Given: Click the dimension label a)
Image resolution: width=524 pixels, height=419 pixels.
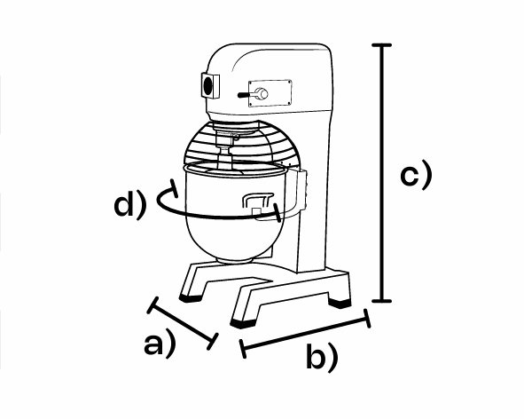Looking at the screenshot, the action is tap(160, 343).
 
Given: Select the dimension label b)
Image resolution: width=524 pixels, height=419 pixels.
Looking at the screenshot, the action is tap(322, 357).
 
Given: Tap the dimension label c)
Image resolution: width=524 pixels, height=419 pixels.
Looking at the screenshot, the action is tap(416, 174).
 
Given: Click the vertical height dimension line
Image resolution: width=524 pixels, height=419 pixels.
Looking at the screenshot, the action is tap(381, 173).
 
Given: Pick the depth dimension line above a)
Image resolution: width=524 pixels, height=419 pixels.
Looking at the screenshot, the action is tap(183, 323).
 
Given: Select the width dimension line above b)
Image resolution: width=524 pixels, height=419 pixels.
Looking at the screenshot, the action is tap(305, 334).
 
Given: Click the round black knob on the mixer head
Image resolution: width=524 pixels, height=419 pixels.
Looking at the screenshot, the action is tap(208, 85).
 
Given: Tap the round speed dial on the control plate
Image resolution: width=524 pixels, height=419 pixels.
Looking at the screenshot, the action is tap(262, 94).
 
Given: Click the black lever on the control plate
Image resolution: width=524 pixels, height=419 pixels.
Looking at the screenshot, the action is tap(246, 95).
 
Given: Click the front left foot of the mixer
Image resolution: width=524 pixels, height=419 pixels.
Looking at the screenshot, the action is tap(191, 297).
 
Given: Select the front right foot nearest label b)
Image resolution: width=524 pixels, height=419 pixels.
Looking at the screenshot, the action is tap(243, 323).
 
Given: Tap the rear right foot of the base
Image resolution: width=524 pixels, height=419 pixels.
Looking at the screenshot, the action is tap(340, 303).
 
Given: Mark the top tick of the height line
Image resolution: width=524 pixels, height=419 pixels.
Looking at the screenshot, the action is tap(381, 45).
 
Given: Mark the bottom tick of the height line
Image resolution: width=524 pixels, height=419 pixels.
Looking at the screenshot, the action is tap(381, 301).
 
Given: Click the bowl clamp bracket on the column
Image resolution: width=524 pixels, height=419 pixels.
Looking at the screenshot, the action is tap(296, 191).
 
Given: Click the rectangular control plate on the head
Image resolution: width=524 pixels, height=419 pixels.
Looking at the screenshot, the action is tap(270, 93).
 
